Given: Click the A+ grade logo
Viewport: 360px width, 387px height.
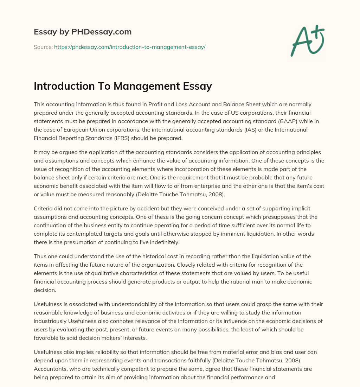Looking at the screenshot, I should point(307,41).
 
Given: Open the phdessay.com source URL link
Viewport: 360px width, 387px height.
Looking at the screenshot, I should point(130,47).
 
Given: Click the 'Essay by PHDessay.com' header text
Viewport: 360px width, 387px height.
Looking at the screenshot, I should point(83,32).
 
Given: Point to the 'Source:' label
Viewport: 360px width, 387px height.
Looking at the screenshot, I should point(43,47).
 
